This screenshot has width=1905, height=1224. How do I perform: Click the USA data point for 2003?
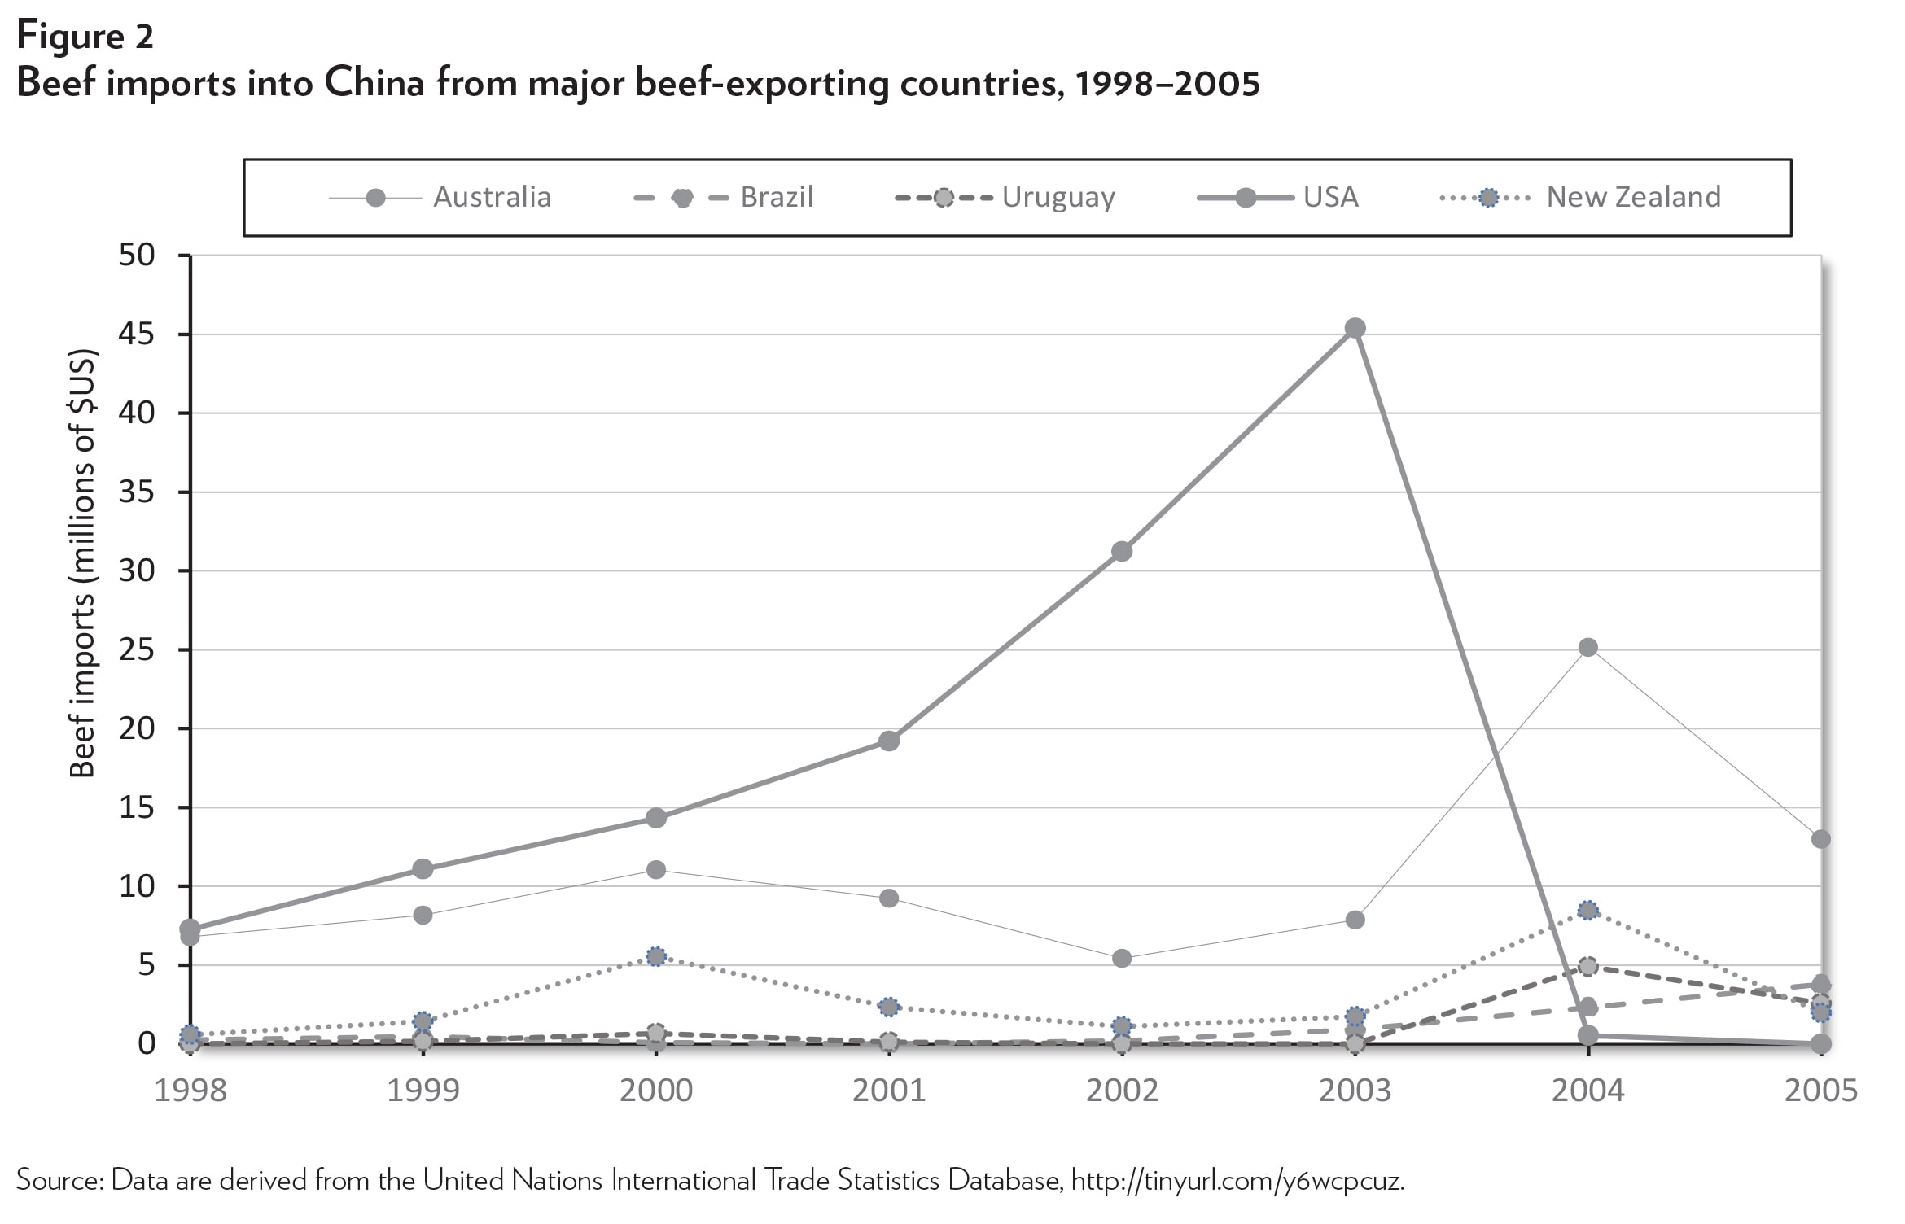pyautogui.click(x=1355, y=328)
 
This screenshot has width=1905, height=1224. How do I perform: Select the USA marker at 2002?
pyautogui.click(x=1122, y=551)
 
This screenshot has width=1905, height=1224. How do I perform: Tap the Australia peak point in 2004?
pyautogui.click(x=1587, y=648)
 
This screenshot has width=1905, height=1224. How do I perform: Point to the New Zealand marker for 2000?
pyautogui.click(x=656, y=956)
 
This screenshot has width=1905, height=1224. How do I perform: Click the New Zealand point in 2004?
pyautogui.click(x=1587, y=910)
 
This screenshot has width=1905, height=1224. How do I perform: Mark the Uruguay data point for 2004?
pyautogui.click(x=1587, y=967)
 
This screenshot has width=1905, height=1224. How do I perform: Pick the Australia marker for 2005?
pyautogui.click(x=1821, y=839)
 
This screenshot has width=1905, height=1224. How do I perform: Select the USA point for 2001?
pyautogui.click(x=889, y=741)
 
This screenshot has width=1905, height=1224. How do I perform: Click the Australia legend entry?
pyautogui.click(x=492, y=197)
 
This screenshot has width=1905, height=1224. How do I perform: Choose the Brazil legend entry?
pyautogui.click(x=776, y=197)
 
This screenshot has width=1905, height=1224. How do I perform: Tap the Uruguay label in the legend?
pyautogui.click(x=1058, y=197)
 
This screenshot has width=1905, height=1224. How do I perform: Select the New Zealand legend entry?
pyautogui.click(x=1633, y=197)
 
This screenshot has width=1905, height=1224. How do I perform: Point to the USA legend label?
pyautogui.click(x=1330, y=197)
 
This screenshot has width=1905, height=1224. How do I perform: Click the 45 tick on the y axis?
pyautogui.click(x=137, y=334)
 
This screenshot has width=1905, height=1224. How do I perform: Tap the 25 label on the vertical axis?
pyautogui.click(x=137, y=649)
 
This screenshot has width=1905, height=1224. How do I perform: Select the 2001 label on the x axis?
pyautogui.click(x=889, y=1091)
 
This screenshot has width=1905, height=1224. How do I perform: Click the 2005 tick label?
pyautogui.click(x=1821, y=1091)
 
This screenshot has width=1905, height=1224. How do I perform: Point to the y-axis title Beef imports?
pyautogui.click(x=83, y=564)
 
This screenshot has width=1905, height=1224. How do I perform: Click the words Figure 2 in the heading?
pyautogui.click(x=85, y=37)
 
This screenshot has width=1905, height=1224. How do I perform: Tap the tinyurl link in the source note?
pyautogui.click(x=1237, y=1180)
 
